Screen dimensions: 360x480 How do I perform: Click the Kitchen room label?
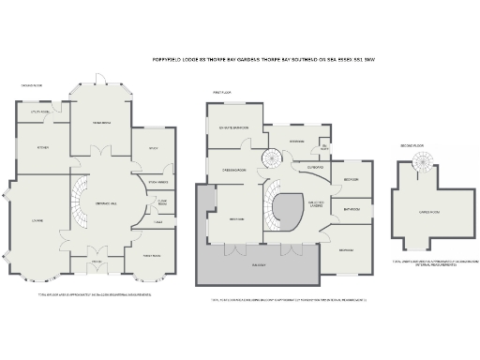point(42,147)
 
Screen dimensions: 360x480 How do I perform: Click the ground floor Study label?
point(151,147)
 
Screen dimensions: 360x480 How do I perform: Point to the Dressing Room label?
point(233,171)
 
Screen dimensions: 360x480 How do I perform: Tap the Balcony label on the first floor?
point(259,265)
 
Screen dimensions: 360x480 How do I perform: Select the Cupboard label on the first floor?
point(316,169)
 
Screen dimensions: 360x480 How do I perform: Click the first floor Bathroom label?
point(352,209)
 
